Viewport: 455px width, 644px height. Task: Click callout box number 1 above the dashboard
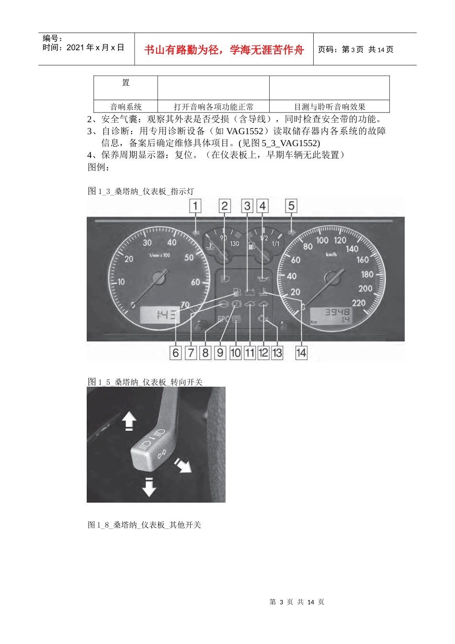click(x=195, y=206)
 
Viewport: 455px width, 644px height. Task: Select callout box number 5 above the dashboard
click(x=291, y=206)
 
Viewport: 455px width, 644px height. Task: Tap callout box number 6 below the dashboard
click(x=176, y=353)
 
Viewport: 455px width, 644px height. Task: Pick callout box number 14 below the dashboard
click(x=301, y=353)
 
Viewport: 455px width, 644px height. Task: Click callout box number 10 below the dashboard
click(x=235, y=353)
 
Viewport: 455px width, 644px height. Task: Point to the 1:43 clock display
click(x=160, y=315)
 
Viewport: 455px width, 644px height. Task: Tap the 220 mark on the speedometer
click(x=358, y=302)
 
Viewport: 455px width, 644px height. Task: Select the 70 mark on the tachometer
click(x=185, y=305)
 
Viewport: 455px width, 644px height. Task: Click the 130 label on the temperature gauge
click(x=234, y=243)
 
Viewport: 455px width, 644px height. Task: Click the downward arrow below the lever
click(x=149, y=487)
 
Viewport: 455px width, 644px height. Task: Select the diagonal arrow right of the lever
click(x=183, y=464)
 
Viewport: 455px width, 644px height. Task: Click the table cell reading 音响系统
click(x=125, y=107)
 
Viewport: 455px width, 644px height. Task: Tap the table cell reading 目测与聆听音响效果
click(x=329, y=107)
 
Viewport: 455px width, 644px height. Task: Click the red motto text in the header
click(x=224, y=50)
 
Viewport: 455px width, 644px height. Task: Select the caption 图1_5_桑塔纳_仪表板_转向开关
click(x=145, y=382)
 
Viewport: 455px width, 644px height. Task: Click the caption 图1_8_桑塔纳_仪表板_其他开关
click(x=144, y=525)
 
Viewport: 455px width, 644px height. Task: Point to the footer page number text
click(x=297, y=602)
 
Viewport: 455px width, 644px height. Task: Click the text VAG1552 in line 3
click(x=244, y=131)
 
